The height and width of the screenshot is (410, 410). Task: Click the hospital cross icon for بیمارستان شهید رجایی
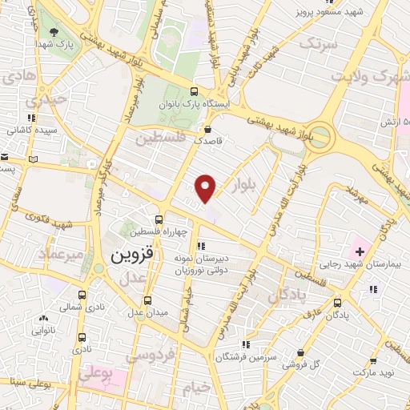(x=360, y=251)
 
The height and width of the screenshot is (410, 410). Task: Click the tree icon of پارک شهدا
(x=54, y=33)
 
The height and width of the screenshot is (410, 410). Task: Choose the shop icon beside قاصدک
(x=208, y=128)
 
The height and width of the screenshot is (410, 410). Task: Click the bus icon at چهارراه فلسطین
(x=159, y=219)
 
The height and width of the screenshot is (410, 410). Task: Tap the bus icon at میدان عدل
(x=147, y=301)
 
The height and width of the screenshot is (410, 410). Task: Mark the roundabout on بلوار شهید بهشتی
(x=320, y=136)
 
